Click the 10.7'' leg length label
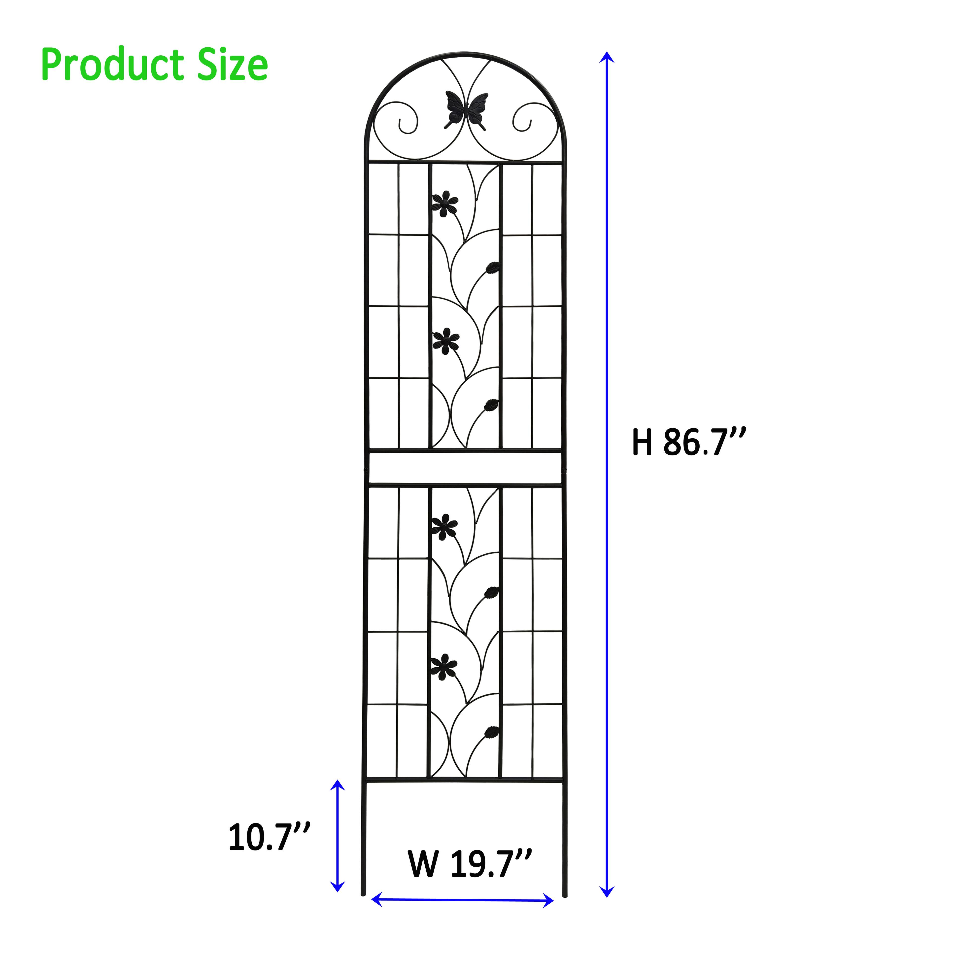(x=269, y=837)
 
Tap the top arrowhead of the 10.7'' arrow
(x=338, y=784)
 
